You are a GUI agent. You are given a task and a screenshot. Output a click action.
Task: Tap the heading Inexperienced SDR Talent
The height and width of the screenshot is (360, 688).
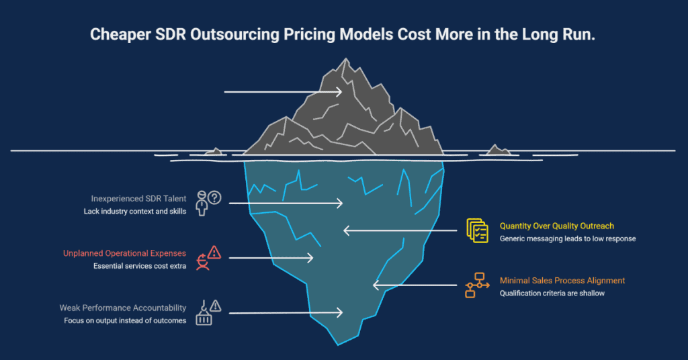[x=138, y=199]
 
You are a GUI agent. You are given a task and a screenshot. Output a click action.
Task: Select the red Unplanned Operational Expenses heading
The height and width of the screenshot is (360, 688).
[x=124, y=253]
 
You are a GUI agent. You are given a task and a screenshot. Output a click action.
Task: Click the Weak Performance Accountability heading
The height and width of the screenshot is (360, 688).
[x=122, y=308]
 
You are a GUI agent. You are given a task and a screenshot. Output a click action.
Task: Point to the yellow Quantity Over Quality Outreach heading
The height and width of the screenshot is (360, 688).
[x=556, y=226]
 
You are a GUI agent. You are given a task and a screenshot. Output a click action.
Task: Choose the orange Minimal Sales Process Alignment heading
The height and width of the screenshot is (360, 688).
[x=562, y=280]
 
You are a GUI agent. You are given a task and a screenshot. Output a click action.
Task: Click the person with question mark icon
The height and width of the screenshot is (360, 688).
[x=208, y=202]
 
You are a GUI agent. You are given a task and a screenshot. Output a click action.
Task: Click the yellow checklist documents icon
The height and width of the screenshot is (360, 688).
[x=478, y=230]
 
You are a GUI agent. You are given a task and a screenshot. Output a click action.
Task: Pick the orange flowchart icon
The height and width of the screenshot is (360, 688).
[x=478, y=285]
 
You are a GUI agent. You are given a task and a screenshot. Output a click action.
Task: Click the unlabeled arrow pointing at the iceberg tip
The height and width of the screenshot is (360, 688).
[x=282, y=91]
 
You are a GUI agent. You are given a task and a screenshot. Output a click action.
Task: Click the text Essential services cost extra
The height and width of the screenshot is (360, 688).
[x=140, y=266]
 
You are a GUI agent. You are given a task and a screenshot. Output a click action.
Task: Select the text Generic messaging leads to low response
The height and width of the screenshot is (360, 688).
[x=568, y=238]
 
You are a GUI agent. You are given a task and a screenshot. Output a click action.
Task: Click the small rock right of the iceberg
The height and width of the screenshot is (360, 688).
[x=498, y=150]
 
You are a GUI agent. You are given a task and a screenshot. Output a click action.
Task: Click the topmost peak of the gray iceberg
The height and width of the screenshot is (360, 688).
[x=344, y=60]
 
